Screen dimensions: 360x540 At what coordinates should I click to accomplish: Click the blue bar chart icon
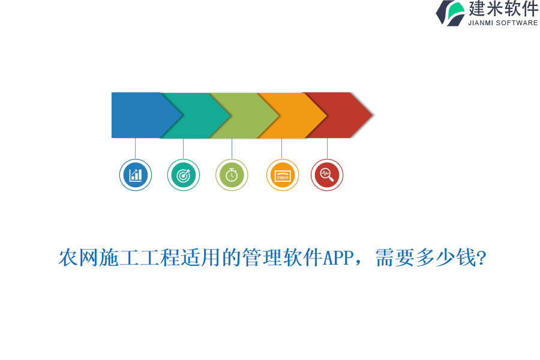[136, 175]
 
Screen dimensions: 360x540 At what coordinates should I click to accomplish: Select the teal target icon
[184, 175]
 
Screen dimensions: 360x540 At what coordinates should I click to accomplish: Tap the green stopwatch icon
[232, 175]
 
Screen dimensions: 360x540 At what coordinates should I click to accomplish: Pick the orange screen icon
[282, 175]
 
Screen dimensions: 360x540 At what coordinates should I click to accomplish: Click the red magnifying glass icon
[327, 175]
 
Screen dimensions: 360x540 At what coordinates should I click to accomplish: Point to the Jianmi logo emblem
[451, 13]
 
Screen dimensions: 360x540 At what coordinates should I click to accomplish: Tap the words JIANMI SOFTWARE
[503, 23]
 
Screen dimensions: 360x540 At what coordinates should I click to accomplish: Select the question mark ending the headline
[481, 259]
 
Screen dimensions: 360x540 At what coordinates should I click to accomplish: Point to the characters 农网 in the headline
[78, 258]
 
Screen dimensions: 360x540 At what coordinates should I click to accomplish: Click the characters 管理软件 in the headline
[282, 258]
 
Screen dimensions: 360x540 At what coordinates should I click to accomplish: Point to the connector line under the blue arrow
[136, 148]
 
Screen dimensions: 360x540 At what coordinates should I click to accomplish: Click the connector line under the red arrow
[327, 148]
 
